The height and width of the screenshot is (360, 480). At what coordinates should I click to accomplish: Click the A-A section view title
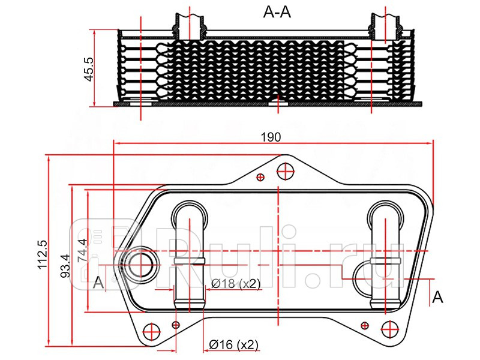click(277, 12)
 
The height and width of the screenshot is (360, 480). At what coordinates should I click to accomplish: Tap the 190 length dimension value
click(271, 137)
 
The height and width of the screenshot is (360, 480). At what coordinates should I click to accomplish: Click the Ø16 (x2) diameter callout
click(233, 344)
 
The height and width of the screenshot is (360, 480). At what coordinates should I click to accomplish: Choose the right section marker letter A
click(438, 296)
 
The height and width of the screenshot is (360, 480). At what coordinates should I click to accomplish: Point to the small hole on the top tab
click(260, 177)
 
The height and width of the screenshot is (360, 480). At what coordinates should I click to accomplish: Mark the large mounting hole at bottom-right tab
click(390, 328)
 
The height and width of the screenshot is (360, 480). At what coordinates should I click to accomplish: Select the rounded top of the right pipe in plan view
click(386, 211)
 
